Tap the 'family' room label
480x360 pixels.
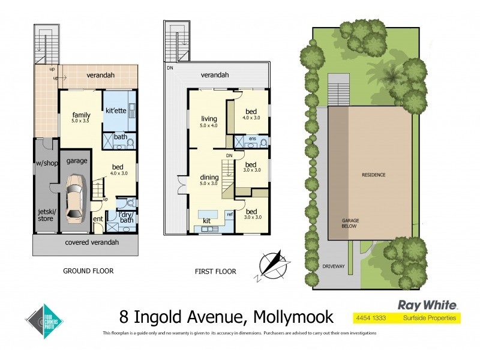(81, 115)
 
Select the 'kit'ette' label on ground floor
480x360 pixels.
(115, 112)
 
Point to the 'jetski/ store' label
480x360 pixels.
(46, 215)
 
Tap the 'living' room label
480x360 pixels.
(209, 119)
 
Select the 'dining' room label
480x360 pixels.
(209, 178)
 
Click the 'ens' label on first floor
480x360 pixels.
(252, 139)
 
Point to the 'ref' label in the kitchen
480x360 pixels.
(229, 214)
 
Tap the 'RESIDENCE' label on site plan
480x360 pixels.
(373, 175)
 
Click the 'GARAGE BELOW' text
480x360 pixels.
(350, 224)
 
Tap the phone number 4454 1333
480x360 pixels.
(371, 317)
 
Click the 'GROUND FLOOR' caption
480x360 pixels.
(88, 271)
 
